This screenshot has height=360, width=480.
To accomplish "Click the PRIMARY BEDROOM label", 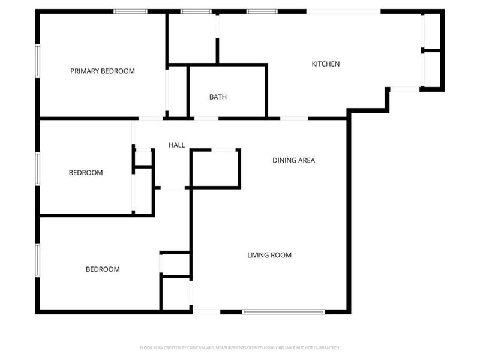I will click(x=103, y=71).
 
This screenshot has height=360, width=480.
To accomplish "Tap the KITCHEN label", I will click(x=326, y=64).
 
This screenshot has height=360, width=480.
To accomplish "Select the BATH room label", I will click(x=218, y=97).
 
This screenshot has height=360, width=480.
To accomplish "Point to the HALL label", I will click(x=176, y=145).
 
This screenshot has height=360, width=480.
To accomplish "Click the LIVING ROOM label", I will click(x=269, y=255).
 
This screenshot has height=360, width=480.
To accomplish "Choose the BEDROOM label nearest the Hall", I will click(x=86, y=173).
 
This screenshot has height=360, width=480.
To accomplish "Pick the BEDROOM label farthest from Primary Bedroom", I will click(x=103, y=269).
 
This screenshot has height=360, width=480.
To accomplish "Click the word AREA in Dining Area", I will click(x=306, y=160).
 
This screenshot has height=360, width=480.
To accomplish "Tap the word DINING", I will click(x=284, y=160).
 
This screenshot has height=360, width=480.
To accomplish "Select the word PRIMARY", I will click(x=84, y=71).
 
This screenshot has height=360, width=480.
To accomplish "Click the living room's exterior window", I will click(x=283, y=311).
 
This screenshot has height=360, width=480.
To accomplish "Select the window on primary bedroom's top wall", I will click(x=131, y=11).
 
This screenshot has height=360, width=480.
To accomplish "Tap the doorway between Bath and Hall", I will click(x=206, y=118).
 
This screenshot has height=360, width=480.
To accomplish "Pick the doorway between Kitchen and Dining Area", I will click(x=294, y=118).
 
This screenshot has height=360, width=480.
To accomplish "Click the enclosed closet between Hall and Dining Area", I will click(x=215, y=169).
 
